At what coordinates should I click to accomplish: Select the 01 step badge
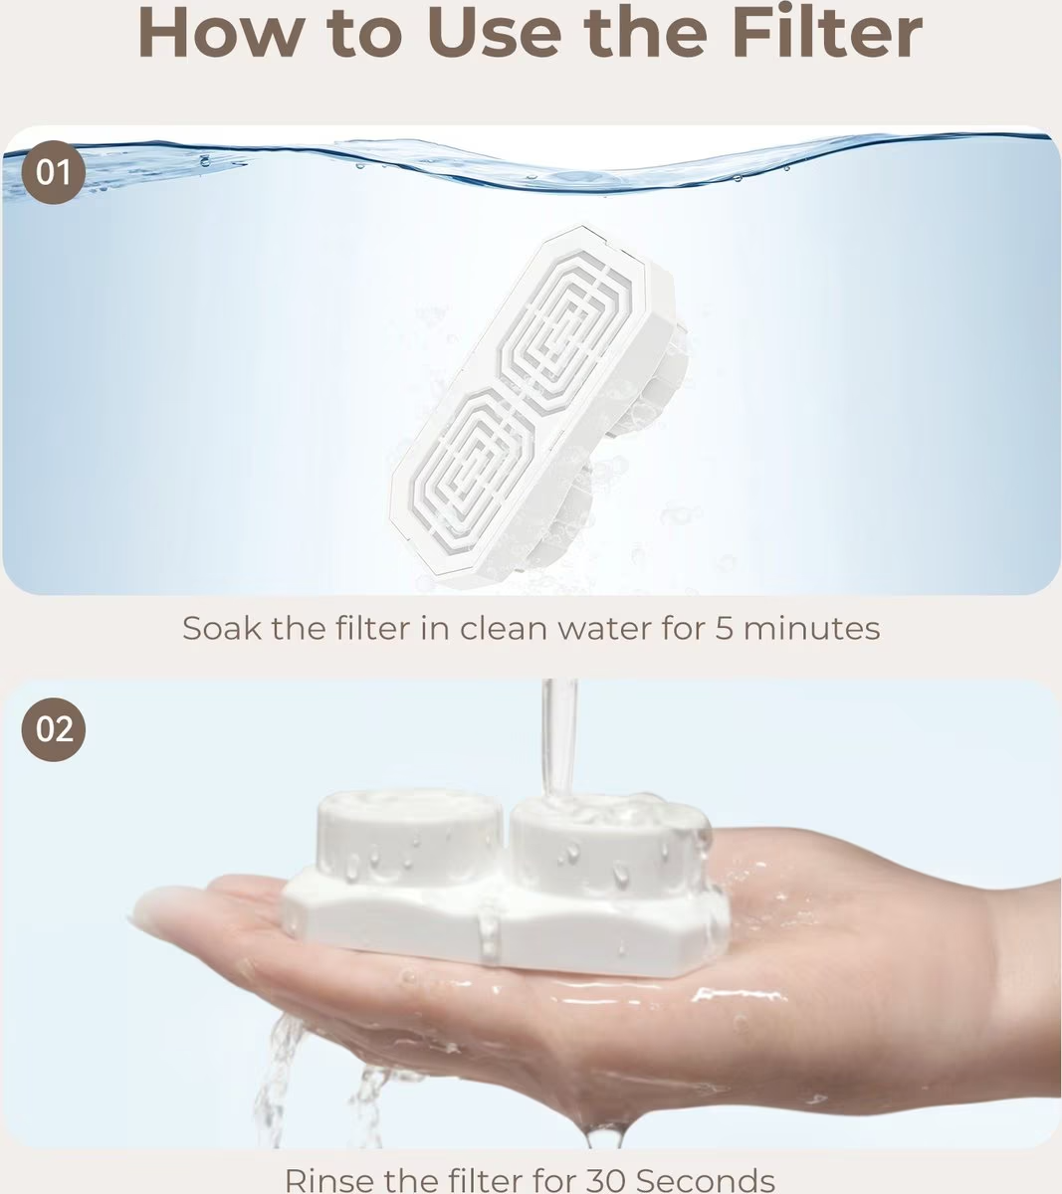point(54,173)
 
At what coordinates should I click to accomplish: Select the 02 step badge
point(54,729)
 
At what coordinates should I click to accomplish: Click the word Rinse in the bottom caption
point(328,1180)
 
